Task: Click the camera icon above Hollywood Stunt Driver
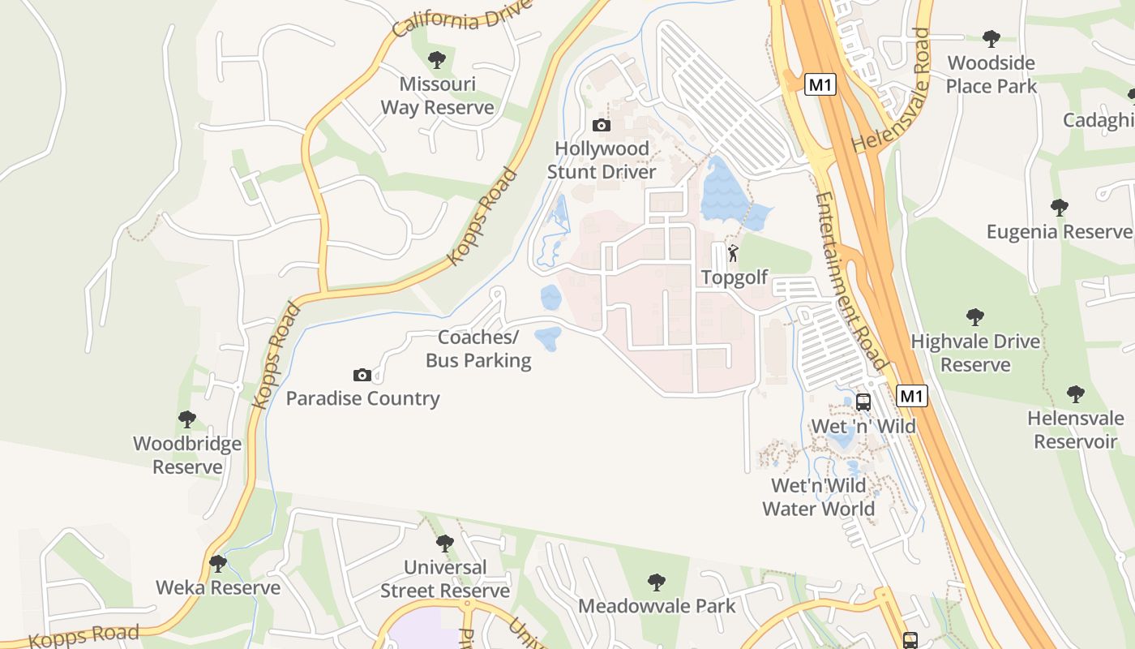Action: [601, 125]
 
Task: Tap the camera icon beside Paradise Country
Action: [362, 375]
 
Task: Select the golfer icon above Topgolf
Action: [733, 253]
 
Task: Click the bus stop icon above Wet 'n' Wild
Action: [863, 402]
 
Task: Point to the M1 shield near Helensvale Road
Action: [820, 84]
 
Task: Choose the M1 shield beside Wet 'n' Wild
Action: [912, 396]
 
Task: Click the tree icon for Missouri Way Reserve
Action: [437, 59]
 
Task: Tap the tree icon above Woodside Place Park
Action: [991, 38]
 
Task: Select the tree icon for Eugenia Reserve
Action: [1059, 207]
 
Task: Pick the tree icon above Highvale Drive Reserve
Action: [974, 316]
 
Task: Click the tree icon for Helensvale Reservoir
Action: [1075, 394]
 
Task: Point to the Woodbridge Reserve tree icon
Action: [187, 419]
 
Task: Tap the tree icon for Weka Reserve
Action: [217, 563]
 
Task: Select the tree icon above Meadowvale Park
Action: [657, 582]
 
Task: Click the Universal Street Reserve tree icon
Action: [444, 543]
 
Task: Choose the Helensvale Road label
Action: [901, 90]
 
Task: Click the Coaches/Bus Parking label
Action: [478, 349]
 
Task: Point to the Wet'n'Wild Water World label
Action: [819, 497]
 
